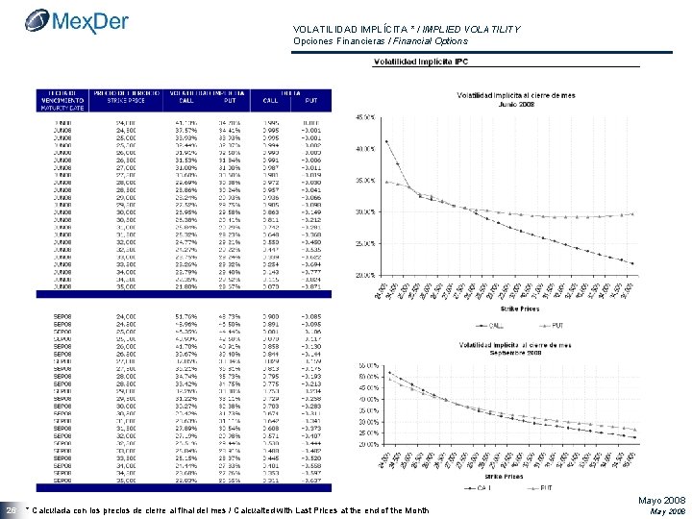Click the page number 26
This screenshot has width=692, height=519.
click(x=10, y=507)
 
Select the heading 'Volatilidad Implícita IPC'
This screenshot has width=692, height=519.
click(x=422, y=62)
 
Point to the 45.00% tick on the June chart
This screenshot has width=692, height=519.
click(x=365, y=117)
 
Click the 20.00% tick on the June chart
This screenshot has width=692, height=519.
click(x=365, y=275)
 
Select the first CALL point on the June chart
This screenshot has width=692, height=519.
click(x=386, y=141)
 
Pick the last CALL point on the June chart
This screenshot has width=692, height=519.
click(x=633, y=262)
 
